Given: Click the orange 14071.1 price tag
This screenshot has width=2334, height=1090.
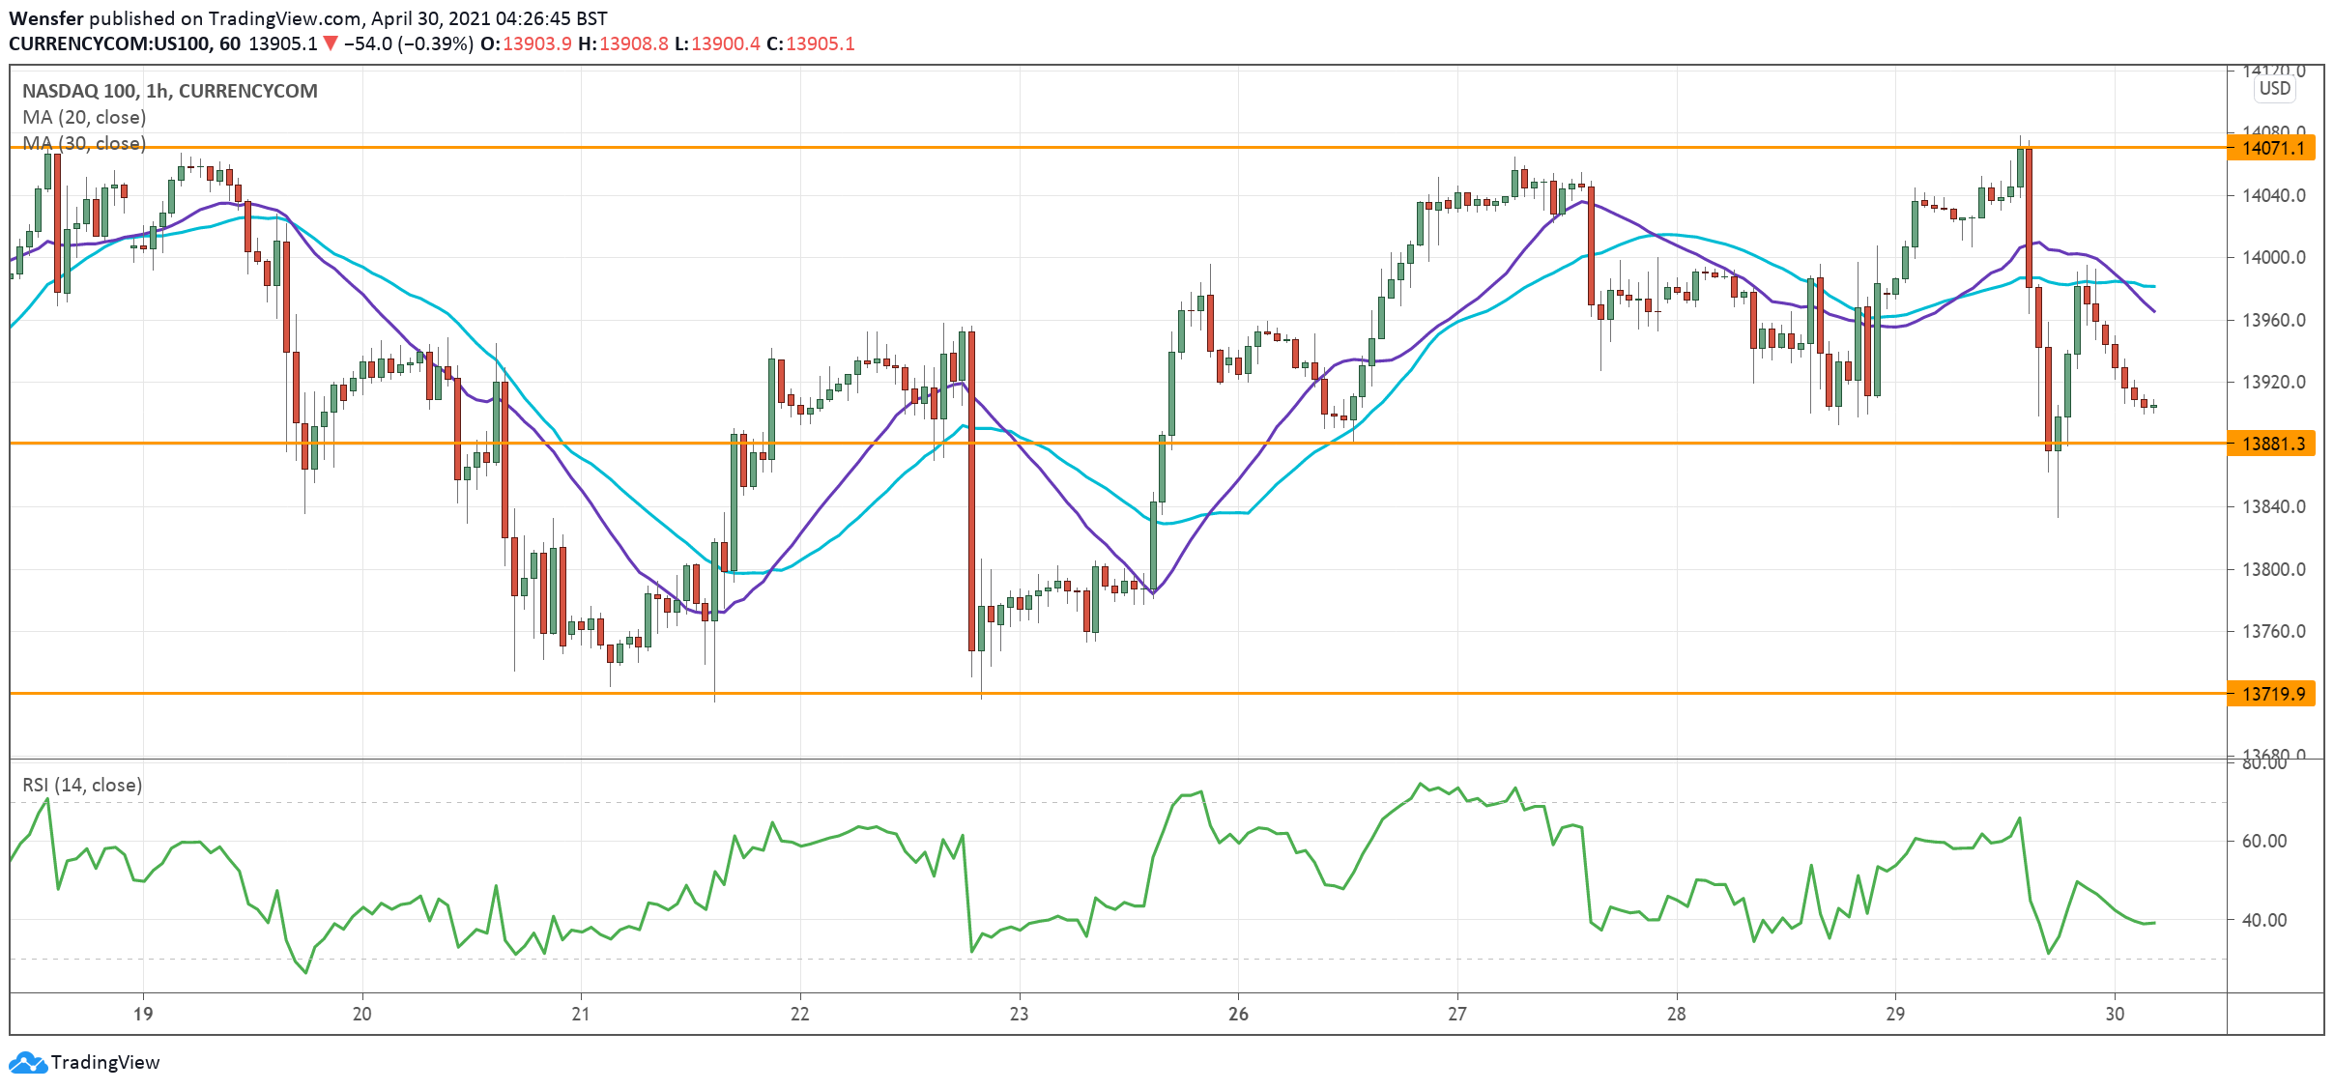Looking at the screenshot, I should click(x=2271, y=148).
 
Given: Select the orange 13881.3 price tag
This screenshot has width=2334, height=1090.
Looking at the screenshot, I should click(x=2271, y=444).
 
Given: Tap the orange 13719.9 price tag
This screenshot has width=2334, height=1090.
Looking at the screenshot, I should click(x=2271, y=694).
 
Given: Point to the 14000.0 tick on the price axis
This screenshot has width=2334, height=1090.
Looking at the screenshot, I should click(x=2273, y=258).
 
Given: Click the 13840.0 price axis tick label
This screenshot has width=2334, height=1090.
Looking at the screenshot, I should click(x=2273, y=506).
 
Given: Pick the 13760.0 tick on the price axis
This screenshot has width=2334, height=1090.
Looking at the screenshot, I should click(x=2273, y=631).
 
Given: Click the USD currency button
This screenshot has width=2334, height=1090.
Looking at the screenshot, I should click(x=2274, y=88).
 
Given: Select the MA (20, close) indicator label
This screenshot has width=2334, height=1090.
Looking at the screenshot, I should click(x=84, y=117).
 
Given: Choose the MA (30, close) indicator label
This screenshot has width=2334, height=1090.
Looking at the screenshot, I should click(x=84, y=143).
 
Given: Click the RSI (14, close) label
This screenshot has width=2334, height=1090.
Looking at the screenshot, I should click(x=82, y=785).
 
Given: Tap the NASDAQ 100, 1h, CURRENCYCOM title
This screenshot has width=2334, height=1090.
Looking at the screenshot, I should click(x=170, y=91).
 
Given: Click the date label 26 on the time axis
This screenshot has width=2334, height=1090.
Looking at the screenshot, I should click(x=1238, y=1014).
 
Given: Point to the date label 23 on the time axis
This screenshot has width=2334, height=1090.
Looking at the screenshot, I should click(x=1019, y=1014).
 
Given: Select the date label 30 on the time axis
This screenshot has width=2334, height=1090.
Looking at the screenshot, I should click(x=2115, y=1014).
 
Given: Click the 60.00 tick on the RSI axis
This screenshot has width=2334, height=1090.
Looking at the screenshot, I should click(x=2264, y=842).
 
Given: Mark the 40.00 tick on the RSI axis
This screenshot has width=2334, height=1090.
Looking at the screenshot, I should click(x=2264, y=920).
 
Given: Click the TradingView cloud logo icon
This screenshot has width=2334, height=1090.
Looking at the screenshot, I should click(x=27, y=1063).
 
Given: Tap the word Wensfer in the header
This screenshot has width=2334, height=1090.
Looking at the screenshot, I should click(x=46, y=18).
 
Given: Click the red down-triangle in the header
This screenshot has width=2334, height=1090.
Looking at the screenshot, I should click(x=331, y=43).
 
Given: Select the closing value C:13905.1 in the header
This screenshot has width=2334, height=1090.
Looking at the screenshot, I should click(x=811, y=43).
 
